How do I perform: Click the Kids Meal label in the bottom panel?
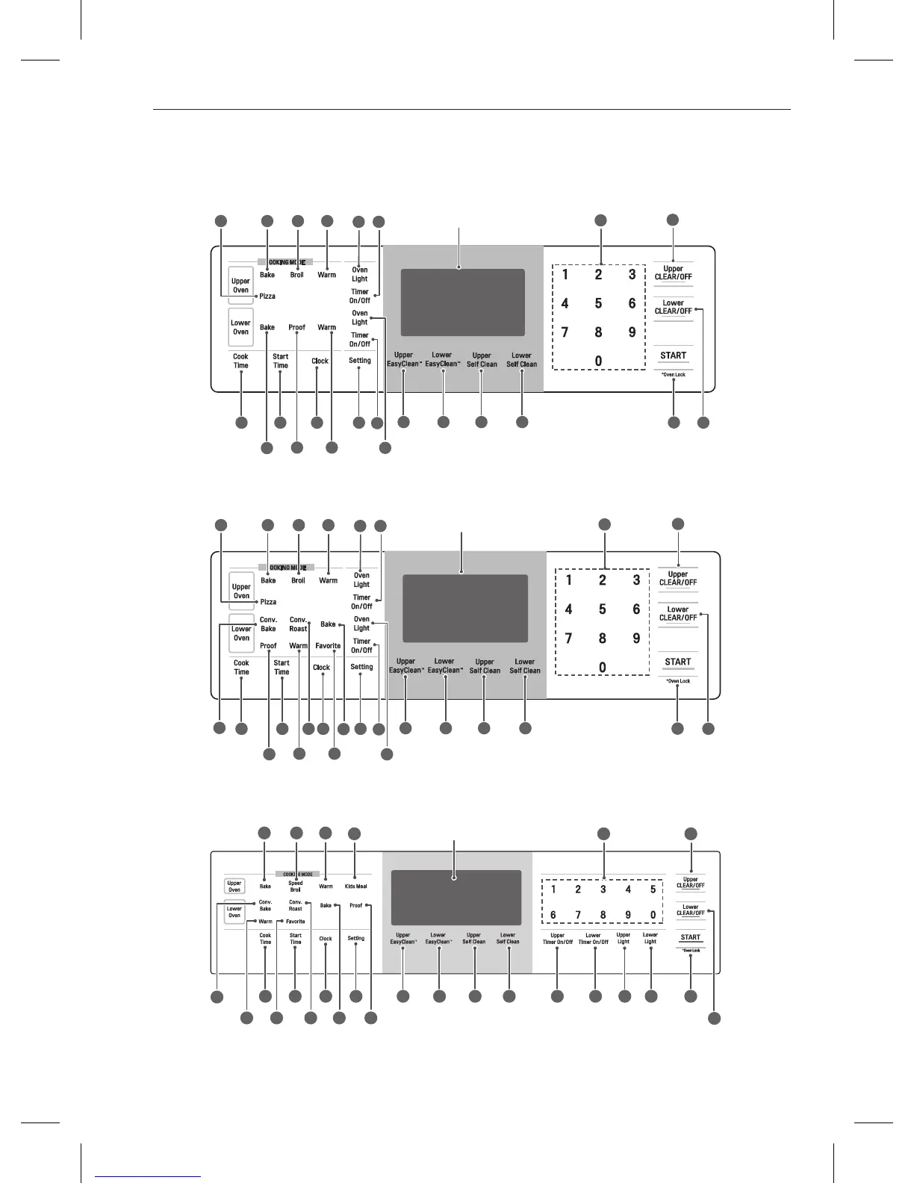pos(355,887)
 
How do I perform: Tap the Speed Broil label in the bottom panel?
pos(296,887)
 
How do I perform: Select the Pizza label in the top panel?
pos(267,296)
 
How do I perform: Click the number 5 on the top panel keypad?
pos(598,303)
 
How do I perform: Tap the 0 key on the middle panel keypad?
pos(603,668)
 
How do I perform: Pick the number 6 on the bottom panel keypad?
pos(553,915)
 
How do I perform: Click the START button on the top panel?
pos(673,355)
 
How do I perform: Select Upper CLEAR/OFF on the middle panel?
pos(678,579)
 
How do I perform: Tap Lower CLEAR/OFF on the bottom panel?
pos(691,910)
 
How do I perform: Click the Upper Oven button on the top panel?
pos(240,286)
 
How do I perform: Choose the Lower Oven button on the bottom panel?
pos(234,912)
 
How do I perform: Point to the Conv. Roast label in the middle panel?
pos(298,624)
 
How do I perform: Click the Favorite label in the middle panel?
pos(328,646)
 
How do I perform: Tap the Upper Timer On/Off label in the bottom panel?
pos(557,939)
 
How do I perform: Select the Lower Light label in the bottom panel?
pos(650,938)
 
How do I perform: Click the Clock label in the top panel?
pos(320,361)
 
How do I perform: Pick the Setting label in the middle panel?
pos(361,667)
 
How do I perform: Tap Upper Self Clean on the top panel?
pos(482,360)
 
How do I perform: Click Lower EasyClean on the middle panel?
pos(444,665)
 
